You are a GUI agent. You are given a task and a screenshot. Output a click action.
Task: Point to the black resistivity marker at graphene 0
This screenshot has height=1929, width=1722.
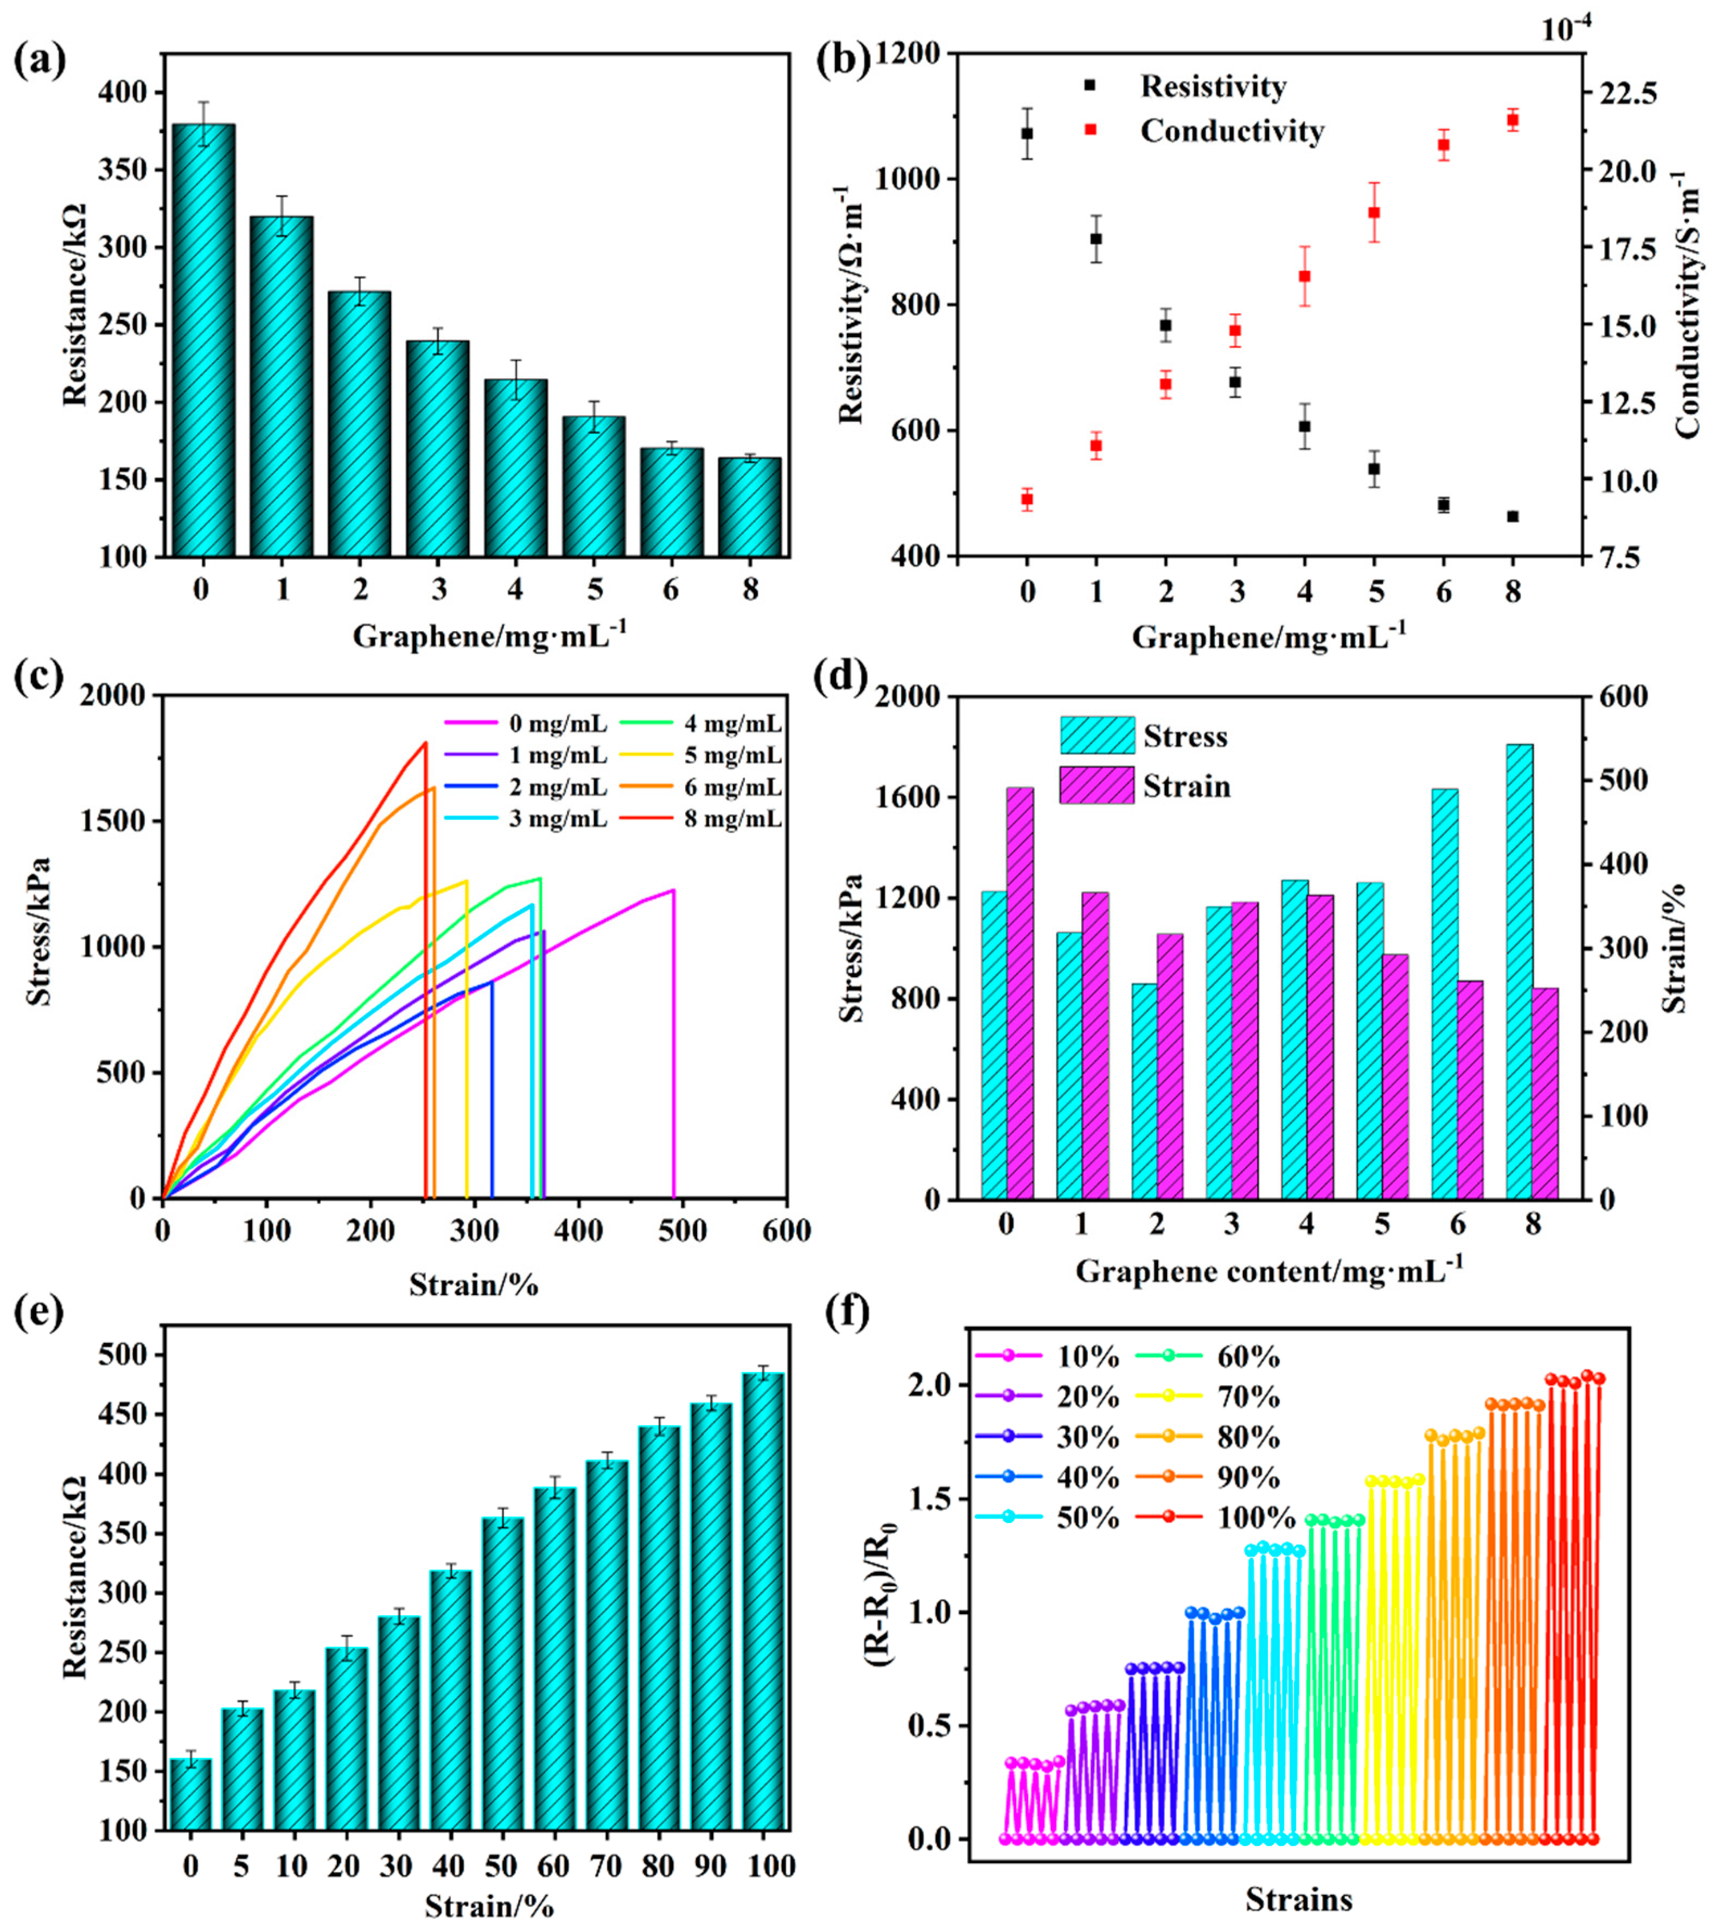point(1026,134)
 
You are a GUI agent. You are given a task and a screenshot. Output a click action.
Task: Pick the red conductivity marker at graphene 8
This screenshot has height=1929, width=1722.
point(1512,119)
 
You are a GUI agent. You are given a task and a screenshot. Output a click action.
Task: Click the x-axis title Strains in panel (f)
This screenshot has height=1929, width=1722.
point(1298,1898)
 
